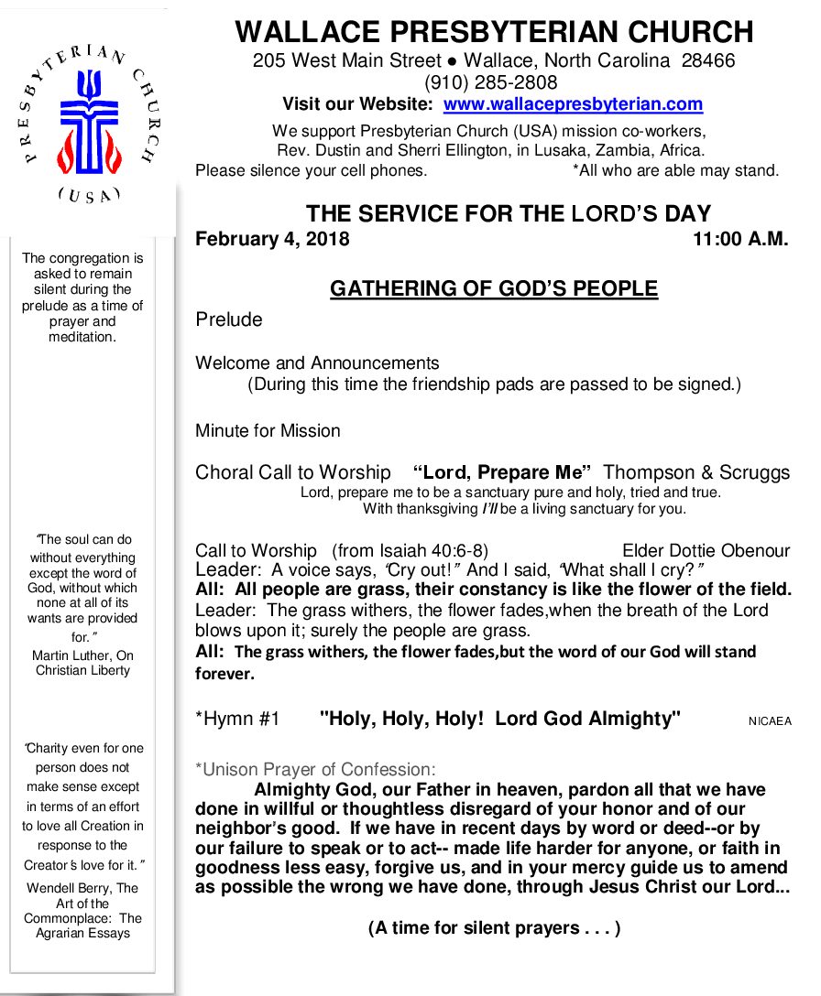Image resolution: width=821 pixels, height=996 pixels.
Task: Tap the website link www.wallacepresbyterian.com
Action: pos(573,104)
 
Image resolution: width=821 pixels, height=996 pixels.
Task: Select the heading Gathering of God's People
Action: pos(494,289)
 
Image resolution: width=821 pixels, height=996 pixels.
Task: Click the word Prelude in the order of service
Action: pos(228,319)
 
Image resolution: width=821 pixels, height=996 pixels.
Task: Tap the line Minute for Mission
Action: pos(268,430)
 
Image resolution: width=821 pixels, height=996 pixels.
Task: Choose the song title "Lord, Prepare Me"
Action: pos(502,473)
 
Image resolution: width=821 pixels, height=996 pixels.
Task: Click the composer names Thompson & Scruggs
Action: pos(696,473)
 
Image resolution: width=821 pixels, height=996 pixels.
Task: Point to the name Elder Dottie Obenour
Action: pos(706,550)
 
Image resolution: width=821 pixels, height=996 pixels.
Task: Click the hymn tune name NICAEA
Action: pos(770,721)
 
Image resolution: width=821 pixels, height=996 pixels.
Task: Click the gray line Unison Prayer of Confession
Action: pos(315,769)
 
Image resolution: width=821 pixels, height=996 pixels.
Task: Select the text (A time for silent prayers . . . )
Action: pos(494,928)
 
